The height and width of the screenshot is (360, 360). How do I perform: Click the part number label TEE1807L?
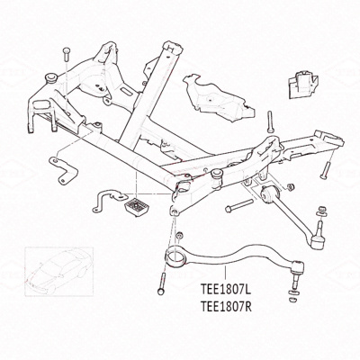click(x=226, y=290)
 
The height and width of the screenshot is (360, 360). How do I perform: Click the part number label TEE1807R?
click(x=226, y=307)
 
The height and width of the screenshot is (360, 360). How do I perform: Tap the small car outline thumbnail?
click(x=59, y=271)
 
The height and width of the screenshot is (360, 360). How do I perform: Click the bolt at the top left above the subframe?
click(x=67, y=56)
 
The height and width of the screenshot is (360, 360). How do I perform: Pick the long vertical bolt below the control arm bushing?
click(x=162, y=283)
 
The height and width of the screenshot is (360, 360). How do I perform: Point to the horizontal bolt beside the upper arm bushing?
click(x=239, y=206)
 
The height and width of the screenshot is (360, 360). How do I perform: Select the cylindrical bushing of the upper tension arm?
click(x=268, y=194)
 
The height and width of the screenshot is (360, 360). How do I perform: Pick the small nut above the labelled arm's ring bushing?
click(x=179, y=235)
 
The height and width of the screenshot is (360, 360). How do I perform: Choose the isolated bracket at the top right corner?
click(x=303, y=84)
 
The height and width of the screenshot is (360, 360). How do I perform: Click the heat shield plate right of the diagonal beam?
click(x=218, y=98)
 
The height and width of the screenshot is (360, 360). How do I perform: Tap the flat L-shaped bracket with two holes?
click(x=63, y=170)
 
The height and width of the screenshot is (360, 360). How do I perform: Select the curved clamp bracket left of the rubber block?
click(x=110, y=200)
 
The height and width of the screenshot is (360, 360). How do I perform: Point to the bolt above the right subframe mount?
click(x=270, y=121)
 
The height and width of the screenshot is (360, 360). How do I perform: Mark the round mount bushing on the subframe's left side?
click(x=50, y=78)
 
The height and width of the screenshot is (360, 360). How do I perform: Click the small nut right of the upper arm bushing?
click(x=290, y=186)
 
